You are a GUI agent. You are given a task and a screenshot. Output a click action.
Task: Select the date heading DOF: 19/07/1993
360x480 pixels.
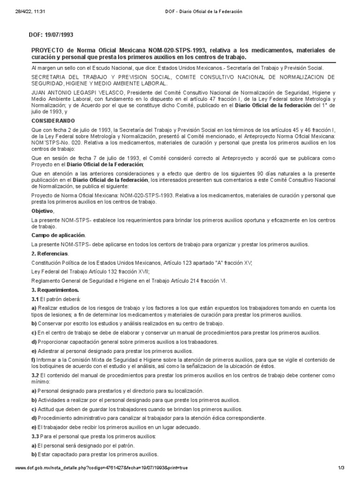tap(52, 35)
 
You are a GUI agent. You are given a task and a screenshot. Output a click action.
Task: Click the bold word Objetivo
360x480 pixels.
tap(42, 211)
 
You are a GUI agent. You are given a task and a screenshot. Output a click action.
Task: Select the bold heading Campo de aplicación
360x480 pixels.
tap(58, 235)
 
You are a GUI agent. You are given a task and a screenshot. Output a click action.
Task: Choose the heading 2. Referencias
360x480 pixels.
tap(49, 254)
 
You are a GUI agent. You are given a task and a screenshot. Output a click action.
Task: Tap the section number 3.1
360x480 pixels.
tap(35, 299)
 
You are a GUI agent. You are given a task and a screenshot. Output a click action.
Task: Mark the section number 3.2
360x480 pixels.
tap(35, 375)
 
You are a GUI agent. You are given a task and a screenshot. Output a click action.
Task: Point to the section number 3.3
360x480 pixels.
tap(35, 436)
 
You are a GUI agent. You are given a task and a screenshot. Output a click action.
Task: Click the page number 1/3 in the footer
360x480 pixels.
tap(341, 468)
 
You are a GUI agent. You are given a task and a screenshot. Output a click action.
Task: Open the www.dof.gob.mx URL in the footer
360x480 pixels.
tap(101, 468)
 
